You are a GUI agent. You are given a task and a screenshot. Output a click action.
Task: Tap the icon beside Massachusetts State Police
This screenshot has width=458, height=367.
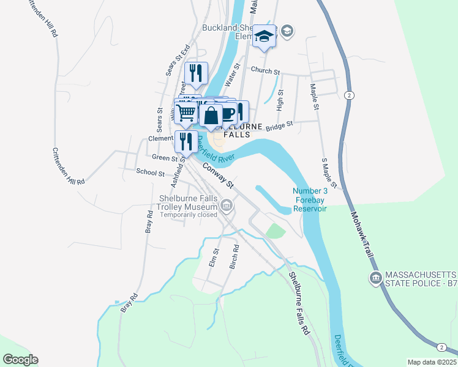tap(375, 278)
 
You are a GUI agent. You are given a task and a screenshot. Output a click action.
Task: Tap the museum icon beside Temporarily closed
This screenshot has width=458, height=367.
tap(227, 206)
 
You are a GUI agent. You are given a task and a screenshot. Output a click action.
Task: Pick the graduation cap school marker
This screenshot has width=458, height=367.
tap(265, 37)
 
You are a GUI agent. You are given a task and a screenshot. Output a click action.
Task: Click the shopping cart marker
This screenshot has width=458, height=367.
tap(186, 112)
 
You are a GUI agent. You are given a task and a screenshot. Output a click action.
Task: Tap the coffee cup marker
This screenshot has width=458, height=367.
tap(227, 113)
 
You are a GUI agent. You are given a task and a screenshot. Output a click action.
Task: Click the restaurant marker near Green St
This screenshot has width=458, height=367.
tap(186, 141)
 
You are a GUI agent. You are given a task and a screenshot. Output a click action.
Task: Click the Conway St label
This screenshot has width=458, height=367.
tap(219, 175)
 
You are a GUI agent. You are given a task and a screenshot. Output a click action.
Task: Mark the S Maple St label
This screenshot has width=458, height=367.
tap(329, 172)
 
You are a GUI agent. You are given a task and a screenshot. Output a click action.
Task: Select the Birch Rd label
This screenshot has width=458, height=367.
tap(233, 257)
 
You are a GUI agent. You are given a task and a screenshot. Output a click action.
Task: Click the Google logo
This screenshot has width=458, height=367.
tap(20, 360)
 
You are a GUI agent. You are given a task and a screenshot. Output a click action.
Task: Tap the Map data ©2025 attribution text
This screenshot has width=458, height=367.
tap(432, 362)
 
